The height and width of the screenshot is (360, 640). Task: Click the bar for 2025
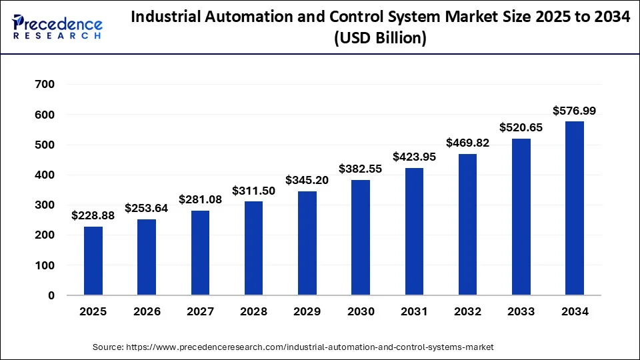coord(93,261)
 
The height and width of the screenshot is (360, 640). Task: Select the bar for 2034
coord(574,208)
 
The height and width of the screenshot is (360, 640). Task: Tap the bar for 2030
coord(361,237)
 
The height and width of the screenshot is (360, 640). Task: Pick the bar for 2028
coord(253,248)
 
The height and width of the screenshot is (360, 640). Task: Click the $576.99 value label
coord(574,110)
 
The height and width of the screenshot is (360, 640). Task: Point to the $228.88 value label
coord(93,215)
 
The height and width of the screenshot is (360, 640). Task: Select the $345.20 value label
coord(307,180)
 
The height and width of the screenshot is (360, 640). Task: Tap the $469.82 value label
coord(467,143)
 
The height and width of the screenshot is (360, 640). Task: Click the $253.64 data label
coord(147,207)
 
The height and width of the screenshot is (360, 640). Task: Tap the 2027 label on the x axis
coord(200,312)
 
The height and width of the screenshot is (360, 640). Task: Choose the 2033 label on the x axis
coord(521,312)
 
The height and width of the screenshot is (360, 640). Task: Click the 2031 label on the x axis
coord(413,312)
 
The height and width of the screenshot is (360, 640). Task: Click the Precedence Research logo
coord(57,27)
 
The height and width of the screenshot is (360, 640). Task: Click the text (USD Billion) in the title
coord(380,39)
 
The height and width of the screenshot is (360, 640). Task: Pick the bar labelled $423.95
coord(413,231)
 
